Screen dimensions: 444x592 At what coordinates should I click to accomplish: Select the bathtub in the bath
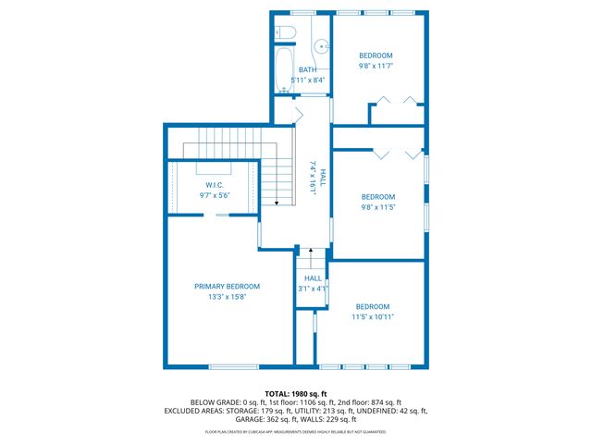tap(283, 70)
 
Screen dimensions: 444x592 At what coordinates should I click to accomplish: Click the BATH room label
tap(307, 70)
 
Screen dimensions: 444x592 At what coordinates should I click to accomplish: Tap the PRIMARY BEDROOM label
tap(227, 287)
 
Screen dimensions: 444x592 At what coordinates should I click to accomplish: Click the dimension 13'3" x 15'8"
tap(227, 297)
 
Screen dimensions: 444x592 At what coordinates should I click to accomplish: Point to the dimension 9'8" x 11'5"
tap(377, 207)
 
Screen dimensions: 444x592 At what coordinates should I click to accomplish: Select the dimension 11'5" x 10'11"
tap(373, 317)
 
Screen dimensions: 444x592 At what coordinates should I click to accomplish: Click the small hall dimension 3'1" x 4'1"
tap(314, 289)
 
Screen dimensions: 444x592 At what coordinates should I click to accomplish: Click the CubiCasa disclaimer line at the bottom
tap(295, 432)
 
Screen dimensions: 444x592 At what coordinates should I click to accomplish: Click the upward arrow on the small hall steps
tap(312, 251)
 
